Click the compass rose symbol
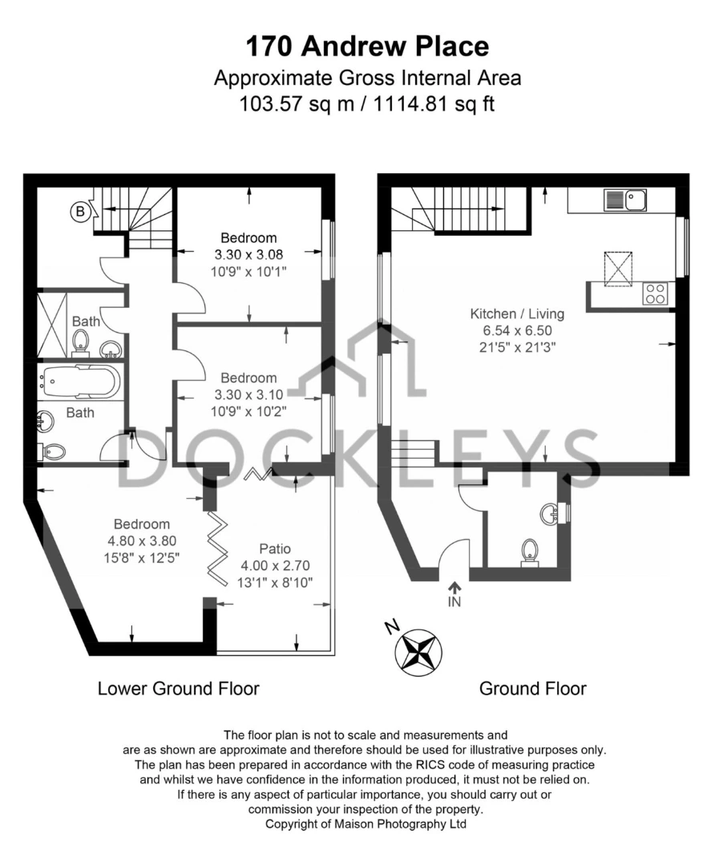(418, 652)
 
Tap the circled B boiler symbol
(81, 211)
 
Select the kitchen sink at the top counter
(625, 200)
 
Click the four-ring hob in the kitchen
(655, 293)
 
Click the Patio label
(275, 548)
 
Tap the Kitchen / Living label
(517, 314)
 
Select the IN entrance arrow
(454, 594)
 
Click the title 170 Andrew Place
(367, 46)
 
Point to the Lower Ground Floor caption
(178, 689)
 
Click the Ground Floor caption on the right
(533, 689)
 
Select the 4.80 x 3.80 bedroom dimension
(142, 540)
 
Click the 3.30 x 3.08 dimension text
(248, 255)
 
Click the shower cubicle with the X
(51, 326)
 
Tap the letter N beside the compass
(392, 626)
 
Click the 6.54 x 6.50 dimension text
(517, 330)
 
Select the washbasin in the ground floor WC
(551, 513)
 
